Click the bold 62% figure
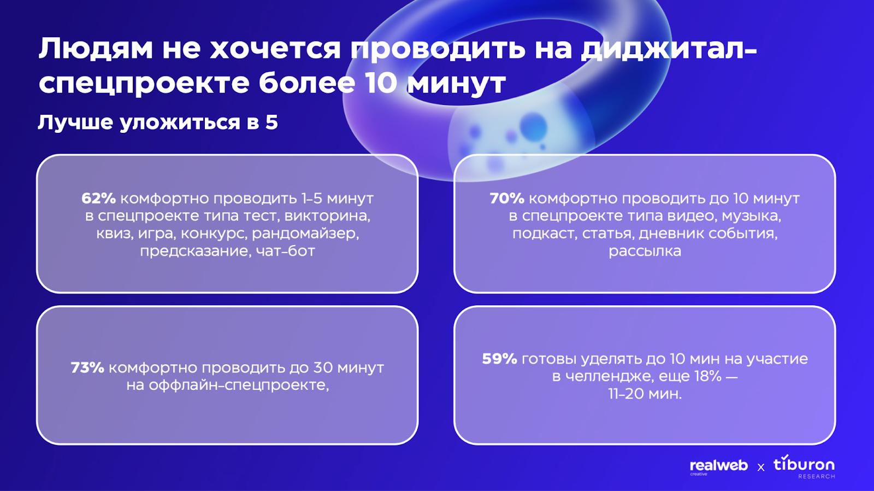[x=98, y=198]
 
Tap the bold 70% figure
[x=507, y=198]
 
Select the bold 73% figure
[x=87, y=367]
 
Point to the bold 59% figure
[x=499, y=359]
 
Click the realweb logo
[x=719, y=466]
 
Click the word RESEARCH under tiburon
[x=817, y=477]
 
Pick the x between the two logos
[x=761, y=467]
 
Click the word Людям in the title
[x=96, y=49]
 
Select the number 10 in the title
[x=381, y=83]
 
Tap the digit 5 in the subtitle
[x=271, y=122]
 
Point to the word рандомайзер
[x=305, y=233]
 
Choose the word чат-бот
[x=285, y=251]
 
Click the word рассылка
[x=645, y=251]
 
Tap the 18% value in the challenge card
[x=708, y=376]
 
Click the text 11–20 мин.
[x=645, y=394]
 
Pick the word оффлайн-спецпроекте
[x=239, y=385]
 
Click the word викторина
[x=327, y=216]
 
